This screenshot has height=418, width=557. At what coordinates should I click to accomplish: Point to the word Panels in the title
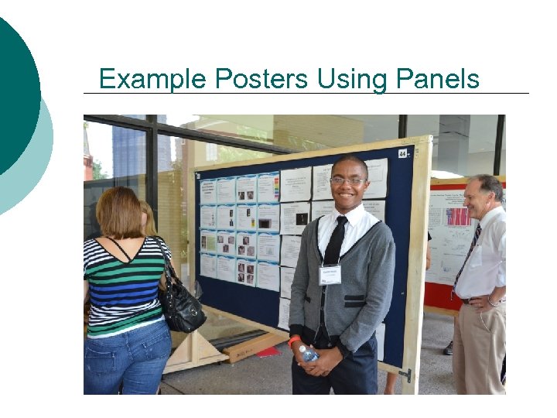pyautogui.click(x=438, y=79)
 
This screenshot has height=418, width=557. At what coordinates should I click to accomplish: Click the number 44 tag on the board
pyautogui.click(x=402, y=153)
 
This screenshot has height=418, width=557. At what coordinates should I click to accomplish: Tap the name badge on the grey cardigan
pyautogui.click(x=330, y=274)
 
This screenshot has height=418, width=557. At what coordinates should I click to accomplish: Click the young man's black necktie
pyautogui.click(x=335, y=244)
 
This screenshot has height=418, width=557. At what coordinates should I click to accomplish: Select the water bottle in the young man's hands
pyautogui.click(x=308, y=354)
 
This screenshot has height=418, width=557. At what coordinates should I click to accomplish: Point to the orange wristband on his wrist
pyautogui.click(x=295, y=341)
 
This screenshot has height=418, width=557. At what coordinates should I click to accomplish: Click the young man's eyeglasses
pyautogui.click(x=347, y=181)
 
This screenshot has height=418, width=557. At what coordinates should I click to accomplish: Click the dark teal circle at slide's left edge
pyautogui.click(x=15, y=93)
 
